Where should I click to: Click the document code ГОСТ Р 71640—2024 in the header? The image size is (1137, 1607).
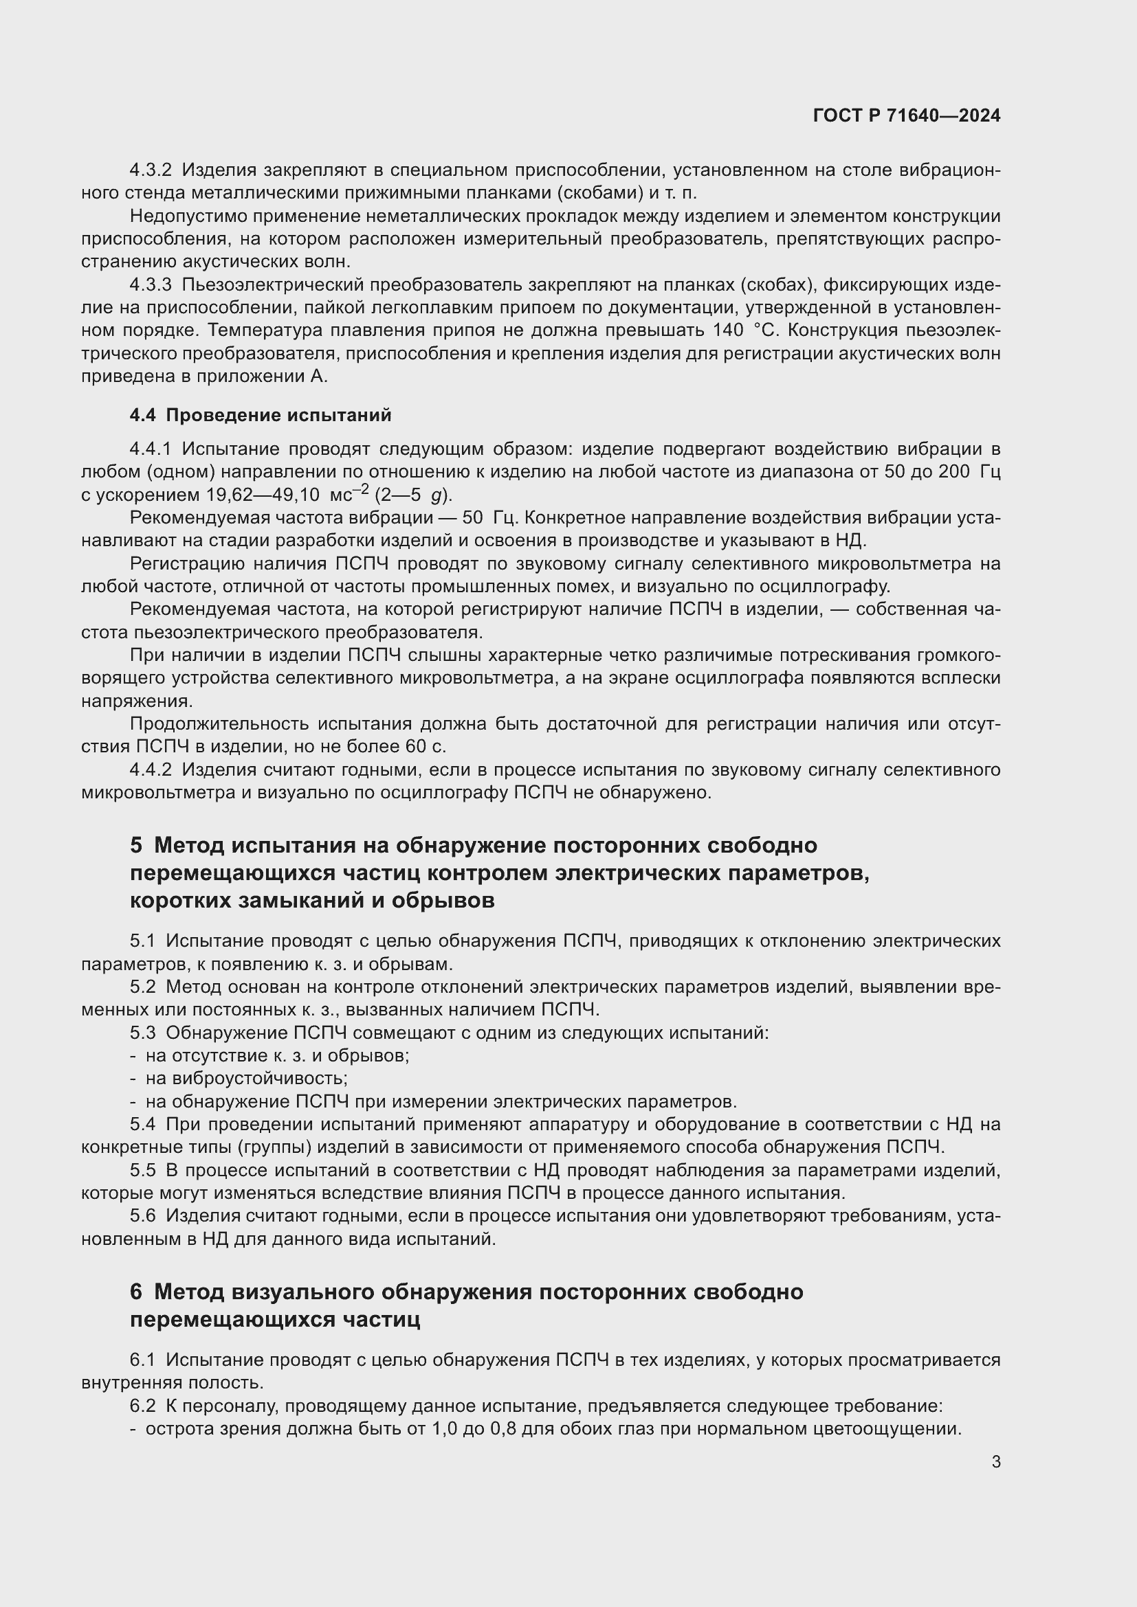tap(907, 115)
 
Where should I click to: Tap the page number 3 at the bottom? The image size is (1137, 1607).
tap(995, 1461)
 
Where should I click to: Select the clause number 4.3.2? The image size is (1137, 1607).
tap(151, 170)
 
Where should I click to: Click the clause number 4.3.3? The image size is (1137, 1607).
tap(151, 285)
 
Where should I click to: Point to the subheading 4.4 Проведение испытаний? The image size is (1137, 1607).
tap(261, 415)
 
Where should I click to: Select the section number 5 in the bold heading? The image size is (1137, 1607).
tap(136, 846)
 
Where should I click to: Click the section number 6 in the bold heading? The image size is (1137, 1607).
tap(136, 1292)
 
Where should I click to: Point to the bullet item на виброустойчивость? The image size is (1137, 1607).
tap(247, 1079)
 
